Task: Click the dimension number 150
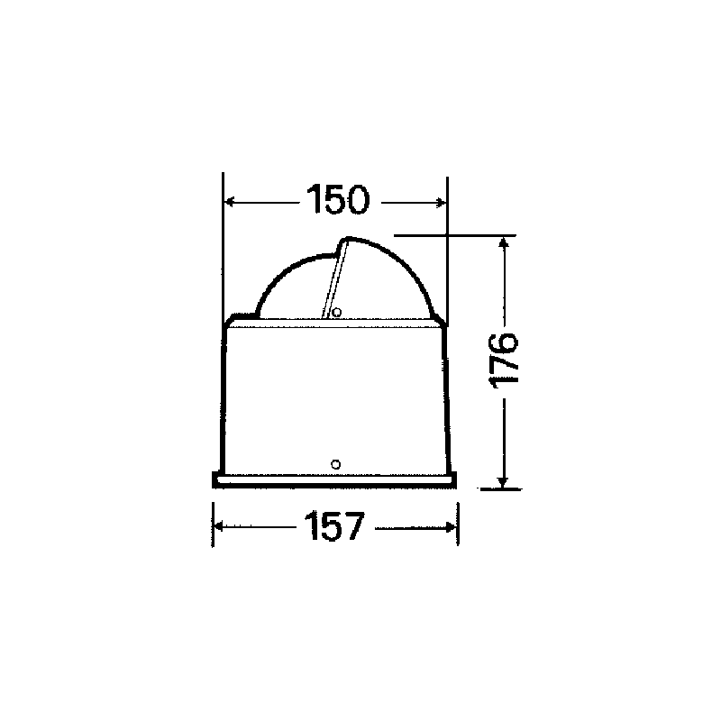pos(336,200)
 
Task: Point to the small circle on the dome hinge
pos(336,313)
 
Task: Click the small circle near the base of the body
pos(336,465)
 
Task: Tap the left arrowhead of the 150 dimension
pos(230,202)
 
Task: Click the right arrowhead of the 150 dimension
pos(440,202)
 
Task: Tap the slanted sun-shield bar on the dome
pos(333,279)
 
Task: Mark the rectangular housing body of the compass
pos(334,397)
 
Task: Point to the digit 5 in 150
pos(336,200)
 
